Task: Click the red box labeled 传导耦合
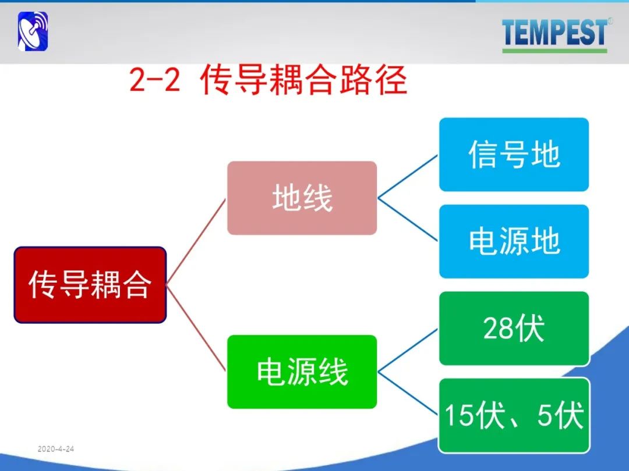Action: click(90, 285)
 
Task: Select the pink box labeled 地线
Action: click(302, 198)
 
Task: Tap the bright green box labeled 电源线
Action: click(302, 372)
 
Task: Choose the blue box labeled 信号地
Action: click(514, 155)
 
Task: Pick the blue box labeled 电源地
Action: click(514, 241)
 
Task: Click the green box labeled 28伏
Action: click(514, 329)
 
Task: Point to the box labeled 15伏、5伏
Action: click(514, 415)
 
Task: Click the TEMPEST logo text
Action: click(555, 32)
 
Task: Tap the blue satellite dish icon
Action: click(33, 31)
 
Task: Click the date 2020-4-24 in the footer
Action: click(56, 449)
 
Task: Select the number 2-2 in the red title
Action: click(155, 80)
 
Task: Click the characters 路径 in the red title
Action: click(373, 80)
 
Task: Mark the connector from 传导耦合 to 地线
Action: click(196, 241)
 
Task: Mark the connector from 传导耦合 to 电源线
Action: click(196, 328)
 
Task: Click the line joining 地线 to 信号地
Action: click(408, 176)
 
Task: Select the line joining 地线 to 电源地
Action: click(408, 219)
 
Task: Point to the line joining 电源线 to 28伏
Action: click(408, 350)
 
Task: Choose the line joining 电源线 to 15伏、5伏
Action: click(408, 394)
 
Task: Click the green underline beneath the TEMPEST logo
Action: click(555, 51)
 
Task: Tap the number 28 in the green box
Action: click(497, 329)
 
